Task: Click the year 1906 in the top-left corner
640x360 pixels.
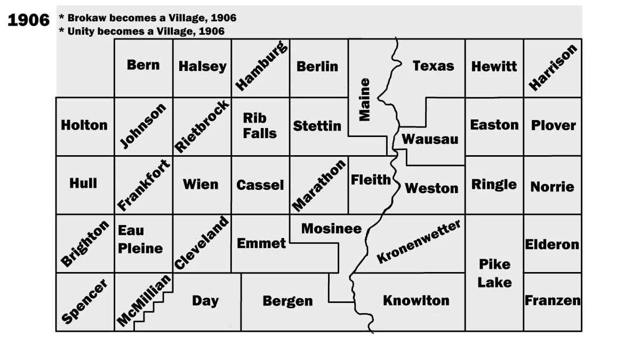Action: pyautogui.click(x=28, y=20)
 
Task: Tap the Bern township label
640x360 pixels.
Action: pyautogui.click(x=143, y=65)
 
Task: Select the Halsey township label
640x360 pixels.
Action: pyautogui.click(x=202, y=67)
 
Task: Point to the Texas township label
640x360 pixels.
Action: pyautogui.click(x=433, y=66)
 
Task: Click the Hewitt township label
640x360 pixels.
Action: pyautogui.click(x=494, y=67)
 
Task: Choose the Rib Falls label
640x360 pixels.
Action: pyautogui.click(x=260, y=125)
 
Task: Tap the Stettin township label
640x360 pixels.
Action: pyautogui.click(x=317, y=126)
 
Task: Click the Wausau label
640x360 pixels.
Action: pyautogui.click(x=430, y=139)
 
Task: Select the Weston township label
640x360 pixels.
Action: pyautogui.click(x=431, y=188)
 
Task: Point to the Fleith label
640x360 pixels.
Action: pyautogui.click(x=371, y=180)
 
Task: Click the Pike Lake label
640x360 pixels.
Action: pyautogui.click(x=494, y=273)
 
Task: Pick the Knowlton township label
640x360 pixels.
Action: pyautogui.click(x=416, y=300)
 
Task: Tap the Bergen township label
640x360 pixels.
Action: pyautogui.click(x=287, y=301)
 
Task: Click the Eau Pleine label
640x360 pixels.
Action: pyautogui.click(x=140, y=239)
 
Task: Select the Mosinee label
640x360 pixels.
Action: pyautogui.click(x=331, y=229)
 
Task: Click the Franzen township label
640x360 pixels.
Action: pyautogui.click(x=553, y=300)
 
